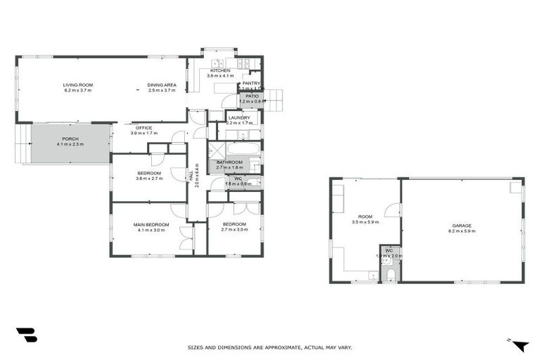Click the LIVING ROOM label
78,85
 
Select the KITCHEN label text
219,70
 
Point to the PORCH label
70,139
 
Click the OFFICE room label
143,128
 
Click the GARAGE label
462,226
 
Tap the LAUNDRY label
240,117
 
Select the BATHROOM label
229,162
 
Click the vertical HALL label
191,179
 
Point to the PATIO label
252,96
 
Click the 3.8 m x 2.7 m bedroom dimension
149,179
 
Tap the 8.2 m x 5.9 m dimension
462,231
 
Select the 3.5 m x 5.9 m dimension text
365,222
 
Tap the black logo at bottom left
26,335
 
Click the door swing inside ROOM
392,210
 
